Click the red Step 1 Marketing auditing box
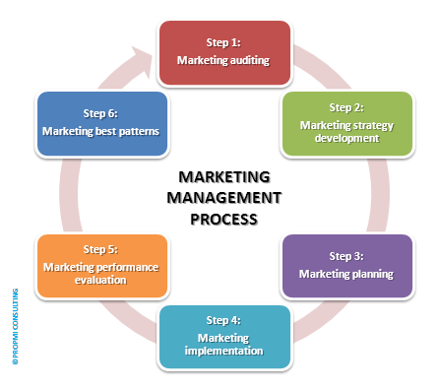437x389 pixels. click(x=223, y=51)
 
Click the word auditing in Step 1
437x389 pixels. click(x=247, y=60)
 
